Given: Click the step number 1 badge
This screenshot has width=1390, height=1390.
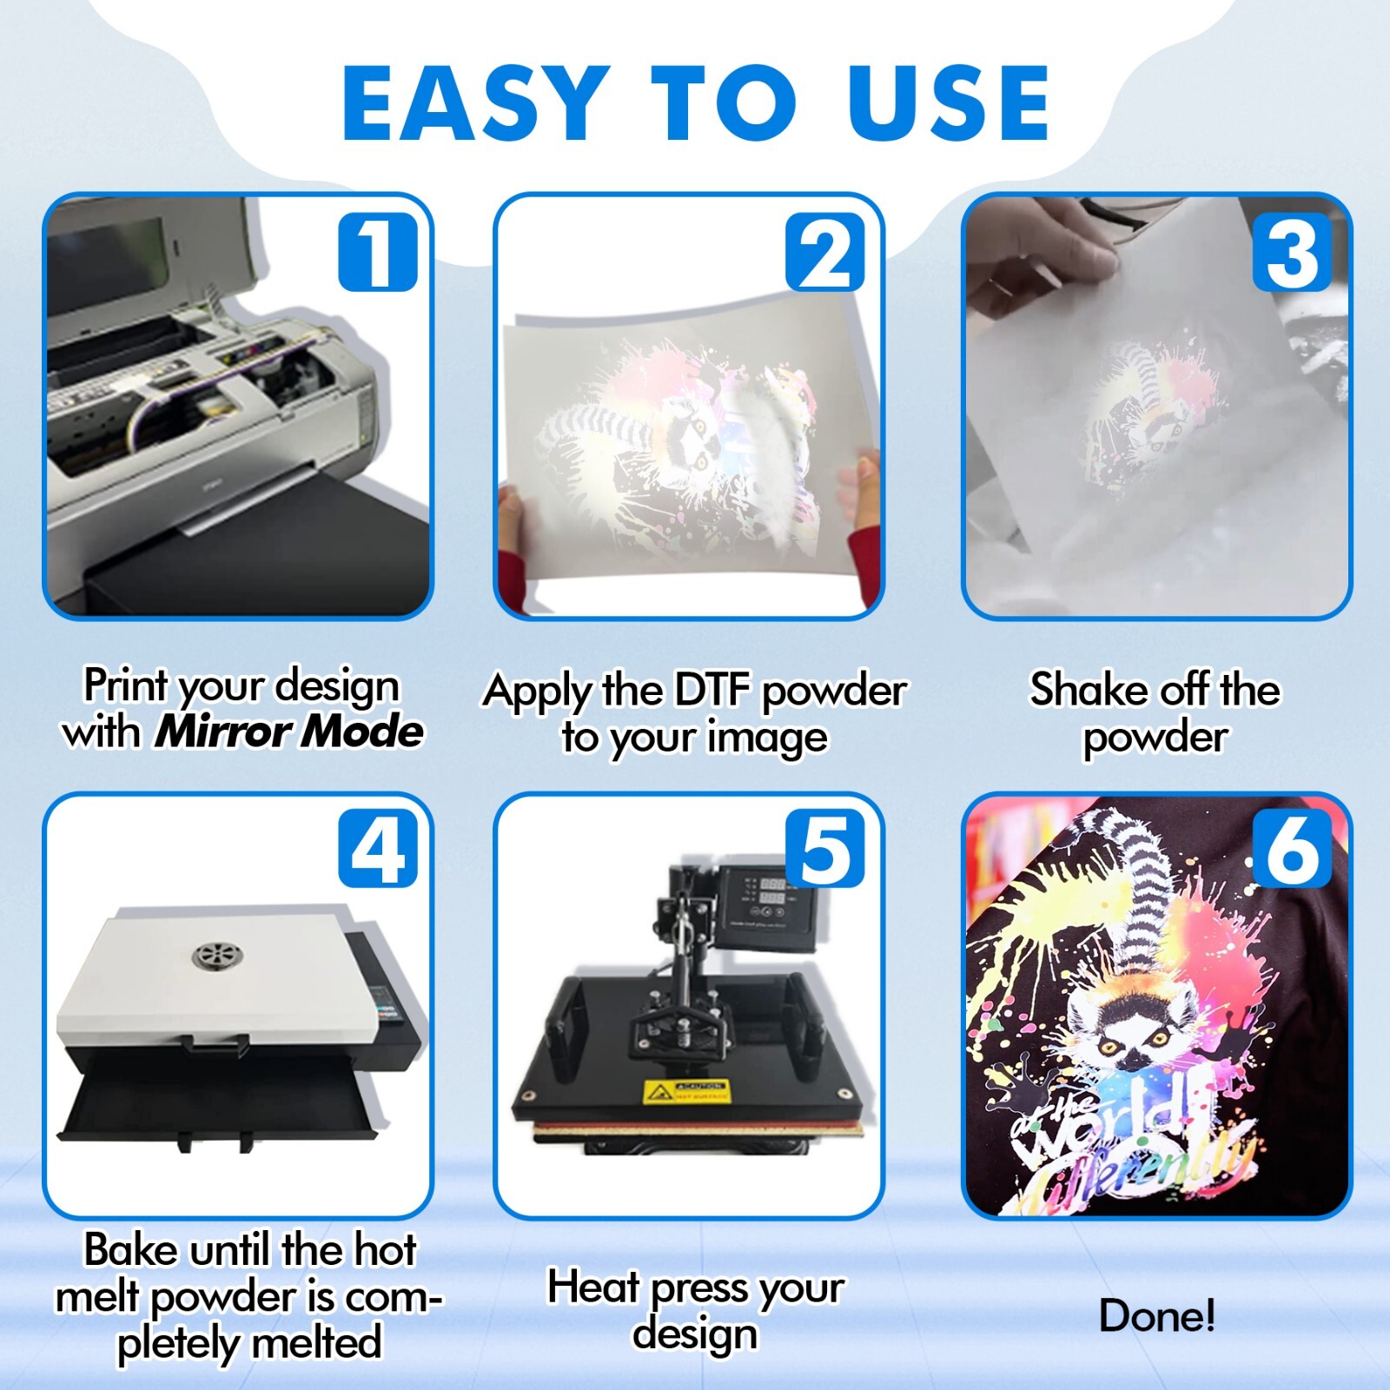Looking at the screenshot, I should pyautogui.click(x=377, y=253).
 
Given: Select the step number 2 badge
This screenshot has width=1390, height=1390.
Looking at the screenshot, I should pyautogui.click(x=824, y=253).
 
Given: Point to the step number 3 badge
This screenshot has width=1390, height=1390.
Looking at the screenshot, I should pyautogui.click(x=1291, y=253).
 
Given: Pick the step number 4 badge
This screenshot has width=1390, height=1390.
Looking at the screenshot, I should pyautogui.click(x=377, y=849).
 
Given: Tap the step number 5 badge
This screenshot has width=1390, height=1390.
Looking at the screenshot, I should pyautogui.click(x=824, y=849).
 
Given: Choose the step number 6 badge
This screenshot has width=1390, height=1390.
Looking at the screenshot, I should pyautogui.click(x=1291, y=849).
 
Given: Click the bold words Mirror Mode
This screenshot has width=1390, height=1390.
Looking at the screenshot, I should pyautogui.click(x=288, y=731).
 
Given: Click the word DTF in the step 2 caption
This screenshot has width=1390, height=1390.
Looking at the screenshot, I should pyautogui.click(x=712, y=691).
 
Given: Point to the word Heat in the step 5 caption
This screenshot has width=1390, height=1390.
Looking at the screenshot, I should pyautogui.click(x=592, y=1287).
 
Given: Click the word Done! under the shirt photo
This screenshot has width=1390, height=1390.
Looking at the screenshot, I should pyautogui.click(x=1156, y=1315).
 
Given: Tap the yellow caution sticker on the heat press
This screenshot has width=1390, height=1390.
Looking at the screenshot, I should pyautogui.click(x=685, y=1092).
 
